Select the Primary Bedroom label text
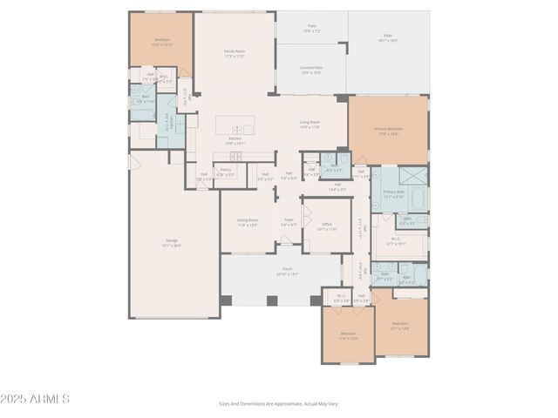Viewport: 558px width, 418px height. click(388, 131)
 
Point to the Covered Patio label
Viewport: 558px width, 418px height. click(311, 71)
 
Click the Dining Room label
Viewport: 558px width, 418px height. click(248, 222)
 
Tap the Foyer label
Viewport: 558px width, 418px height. click(289, 222)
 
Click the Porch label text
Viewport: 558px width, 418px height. click(287, 272)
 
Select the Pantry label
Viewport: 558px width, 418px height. click(225, 172)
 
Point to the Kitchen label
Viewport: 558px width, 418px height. click(235, 140)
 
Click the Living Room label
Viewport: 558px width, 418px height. click(310, 125)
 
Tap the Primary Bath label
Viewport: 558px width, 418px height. click(394, 193)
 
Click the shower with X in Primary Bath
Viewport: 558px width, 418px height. click(413, 176)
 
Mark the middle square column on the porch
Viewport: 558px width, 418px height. click(272, 300)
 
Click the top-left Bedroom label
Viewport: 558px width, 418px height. click(162, 42)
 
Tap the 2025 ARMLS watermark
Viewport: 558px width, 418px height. click(36, 399)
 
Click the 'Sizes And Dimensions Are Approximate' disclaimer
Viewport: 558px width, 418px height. click(278, 403)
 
